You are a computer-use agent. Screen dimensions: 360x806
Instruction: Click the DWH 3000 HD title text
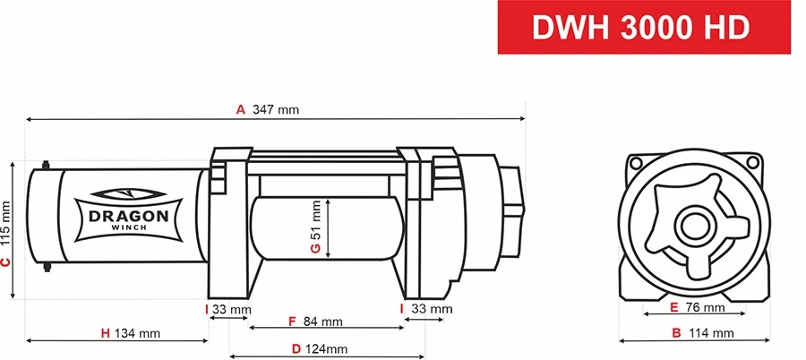pyautogui.click(x=640, y=28)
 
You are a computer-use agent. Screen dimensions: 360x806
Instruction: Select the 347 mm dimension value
pyautogui.click(x=276, y=110)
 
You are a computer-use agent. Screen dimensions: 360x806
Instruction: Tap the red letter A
pyautogui.click(x=240, y=110)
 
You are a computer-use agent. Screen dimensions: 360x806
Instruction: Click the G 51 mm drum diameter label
pyautogui.click(x=315, y=227)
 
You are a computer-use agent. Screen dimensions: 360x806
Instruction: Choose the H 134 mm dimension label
pyautogui.click(x=131, y=333)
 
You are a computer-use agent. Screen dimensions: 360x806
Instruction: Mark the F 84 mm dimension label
pyautogui.click(x=315, y=321)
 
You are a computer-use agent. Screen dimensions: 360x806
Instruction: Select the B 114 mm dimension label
pyautogui.click(x=703, y=333)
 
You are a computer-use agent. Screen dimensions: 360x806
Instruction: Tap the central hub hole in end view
pyautogui.click(x=693, y=224)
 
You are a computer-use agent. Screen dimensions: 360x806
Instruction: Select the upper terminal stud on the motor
pyautogui.click(x=46, y=165)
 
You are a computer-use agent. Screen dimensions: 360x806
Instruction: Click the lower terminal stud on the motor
pyautogui.click(x=46, y=267)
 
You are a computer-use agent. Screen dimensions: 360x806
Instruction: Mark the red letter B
pyautogui.click(x=676, y=333)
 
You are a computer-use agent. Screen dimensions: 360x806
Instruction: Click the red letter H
pyautogui.click(x=105, y=333)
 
